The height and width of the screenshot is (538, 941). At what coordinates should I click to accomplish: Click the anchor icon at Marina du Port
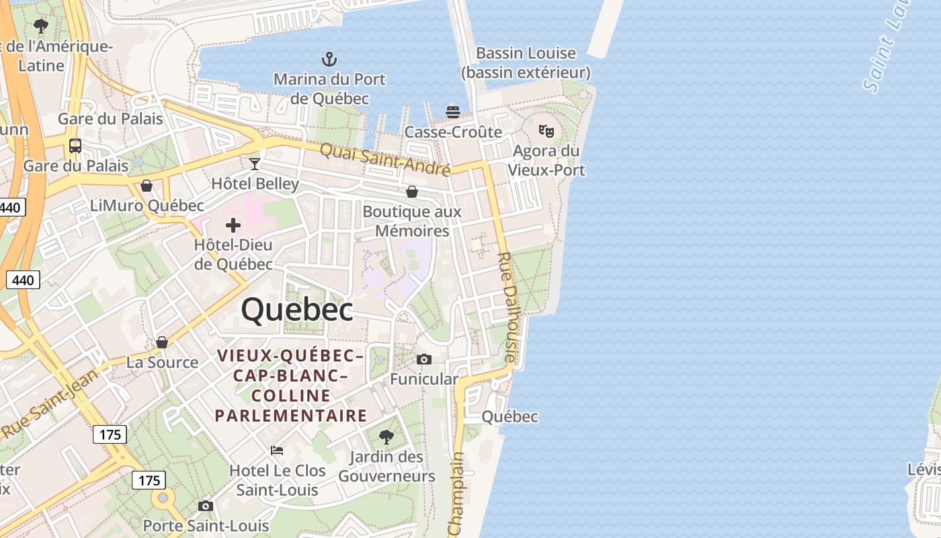pos(329,59)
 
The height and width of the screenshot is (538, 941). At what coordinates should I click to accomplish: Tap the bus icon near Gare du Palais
pos(75,145)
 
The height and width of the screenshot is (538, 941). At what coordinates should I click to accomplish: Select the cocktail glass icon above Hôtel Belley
pos(255,163)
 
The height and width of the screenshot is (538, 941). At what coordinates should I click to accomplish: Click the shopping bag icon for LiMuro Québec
pos(147,186)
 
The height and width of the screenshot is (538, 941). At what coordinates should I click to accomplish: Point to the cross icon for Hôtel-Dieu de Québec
pos(233,225)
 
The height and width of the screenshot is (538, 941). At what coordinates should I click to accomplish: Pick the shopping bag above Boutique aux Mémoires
pos(412,192)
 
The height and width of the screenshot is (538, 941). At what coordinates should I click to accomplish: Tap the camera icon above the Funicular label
pos(423,360)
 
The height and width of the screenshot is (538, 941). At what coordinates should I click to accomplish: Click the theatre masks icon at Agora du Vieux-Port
pos(546,130)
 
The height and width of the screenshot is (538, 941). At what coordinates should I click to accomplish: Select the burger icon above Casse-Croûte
pos(453,111)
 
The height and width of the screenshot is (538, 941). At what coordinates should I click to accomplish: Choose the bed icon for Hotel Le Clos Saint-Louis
pos(277,450)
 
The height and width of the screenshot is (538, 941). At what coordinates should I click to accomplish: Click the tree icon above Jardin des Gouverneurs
pos(386,436)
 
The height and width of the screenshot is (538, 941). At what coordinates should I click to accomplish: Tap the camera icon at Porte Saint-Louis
pos(206,506)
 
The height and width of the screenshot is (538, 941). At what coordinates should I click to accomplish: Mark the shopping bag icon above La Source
pos(162,342)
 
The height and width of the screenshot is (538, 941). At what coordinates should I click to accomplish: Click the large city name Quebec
pos(296,310)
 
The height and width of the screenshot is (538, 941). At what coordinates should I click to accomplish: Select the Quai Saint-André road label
pos(384,159)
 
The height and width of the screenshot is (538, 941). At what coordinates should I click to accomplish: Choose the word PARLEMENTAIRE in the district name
pos(291,416)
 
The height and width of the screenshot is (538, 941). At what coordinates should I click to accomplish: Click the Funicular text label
pos(423,379)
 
